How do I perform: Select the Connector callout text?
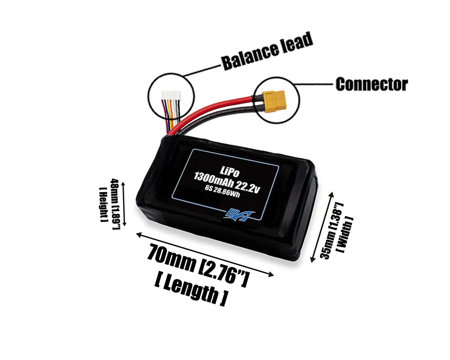click(x=371, y=84)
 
